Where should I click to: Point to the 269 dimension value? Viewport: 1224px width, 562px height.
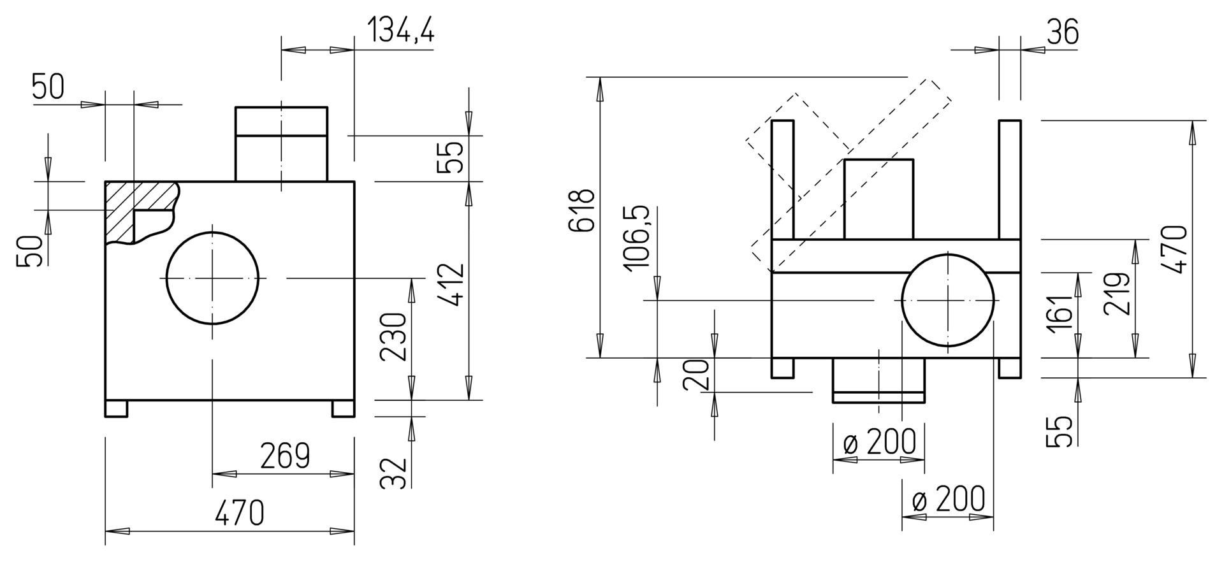pos(285,456)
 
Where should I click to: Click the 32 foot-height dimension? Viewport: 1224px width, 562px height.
pos(393,473)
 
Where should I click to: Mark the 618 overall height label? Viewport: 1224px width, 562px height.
pos(581,210)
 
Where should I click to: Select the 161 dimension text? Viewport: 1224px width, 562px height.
pos(1060,313)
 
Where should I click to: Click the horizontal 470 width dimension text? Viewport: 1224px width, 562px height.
pos(239,512)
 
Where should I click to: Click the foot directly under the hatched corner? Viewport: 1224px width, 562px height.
pos(116,408)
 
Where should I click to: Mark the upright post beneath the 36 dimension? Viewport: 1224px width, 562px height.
pos(1010,179)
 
